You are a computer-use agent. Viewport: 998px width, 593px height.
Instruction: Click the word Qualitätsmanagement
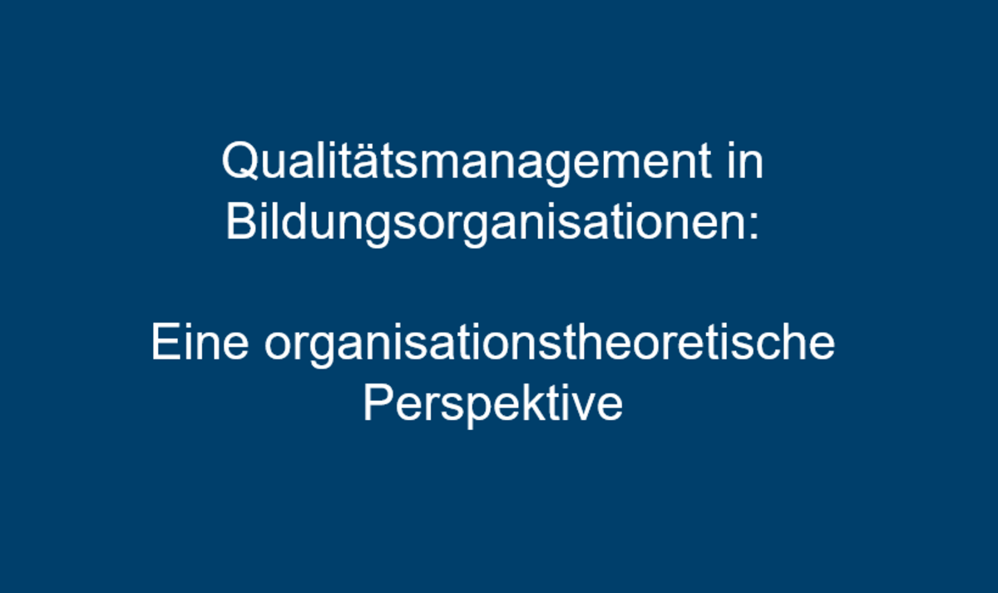[467, 162]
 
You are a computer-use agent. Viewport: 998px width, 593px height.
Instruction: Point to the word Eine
[200, 342]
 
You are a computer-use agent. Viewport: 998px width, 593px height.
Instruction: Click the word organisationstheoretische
[550, 344]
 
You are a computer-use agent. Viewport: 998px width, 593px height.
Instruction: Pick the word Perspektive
[493, 404]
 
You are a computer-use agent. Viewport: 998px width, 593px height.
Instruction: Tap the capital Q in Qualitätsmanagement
[240, 161]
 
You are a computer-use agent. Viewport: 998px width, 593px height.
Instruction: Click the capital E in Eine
[166, 342]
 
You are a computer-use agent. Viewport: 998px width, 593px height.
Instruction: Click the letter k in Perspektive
[533, 403]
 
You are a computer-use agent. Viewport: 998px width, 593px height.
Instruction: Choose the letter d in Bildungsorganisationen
[294, 222]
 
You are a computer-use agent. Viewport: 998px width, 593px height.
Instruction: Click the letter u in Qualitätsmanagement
[276, 167]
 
